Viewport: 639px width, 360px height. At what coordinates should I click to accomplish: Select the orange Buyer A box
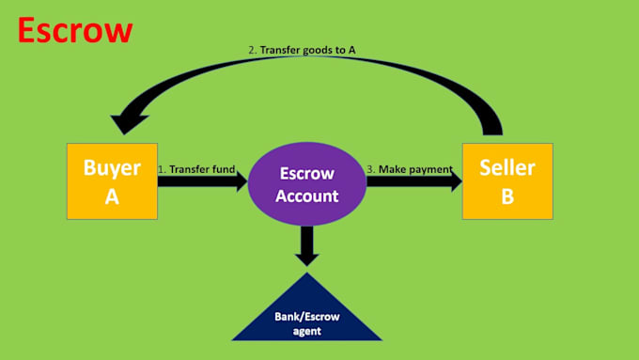click(112, 181)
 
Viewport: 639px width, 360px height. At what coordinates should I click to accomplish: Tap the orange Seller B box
click(507, 181)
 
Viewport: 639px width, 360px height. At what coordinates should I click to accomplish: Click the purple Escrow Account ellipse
click(307, 184)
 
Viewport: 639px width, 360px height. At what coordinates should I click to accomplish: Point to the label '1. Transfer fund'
click(195, 169)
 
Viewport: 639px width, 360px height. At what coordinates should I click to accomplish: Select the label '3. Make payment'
click(410, 169)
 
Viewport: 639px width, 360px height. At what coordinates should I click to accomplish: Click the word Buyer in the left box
click(112, 168)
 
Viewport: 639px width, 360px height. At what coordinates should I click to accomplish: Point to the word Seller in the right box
click(507, 168)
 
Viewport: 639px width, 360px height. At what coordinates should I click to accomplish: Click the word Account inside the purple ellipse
click(307, 196)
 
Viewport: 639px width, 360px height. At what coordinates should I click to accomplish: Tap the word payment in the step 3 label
click(430, 169)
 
